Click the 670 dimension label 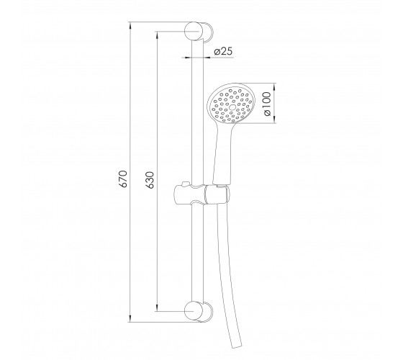click(124, 179)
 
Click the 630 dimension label click(150, 180)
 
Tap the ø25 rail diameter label click(223, 51)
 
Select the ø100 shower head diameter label click(267, 104)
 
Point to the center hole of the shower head click(232, 107)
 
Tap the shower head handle click(223, 154)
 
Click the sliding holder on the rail click(201, 194)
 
